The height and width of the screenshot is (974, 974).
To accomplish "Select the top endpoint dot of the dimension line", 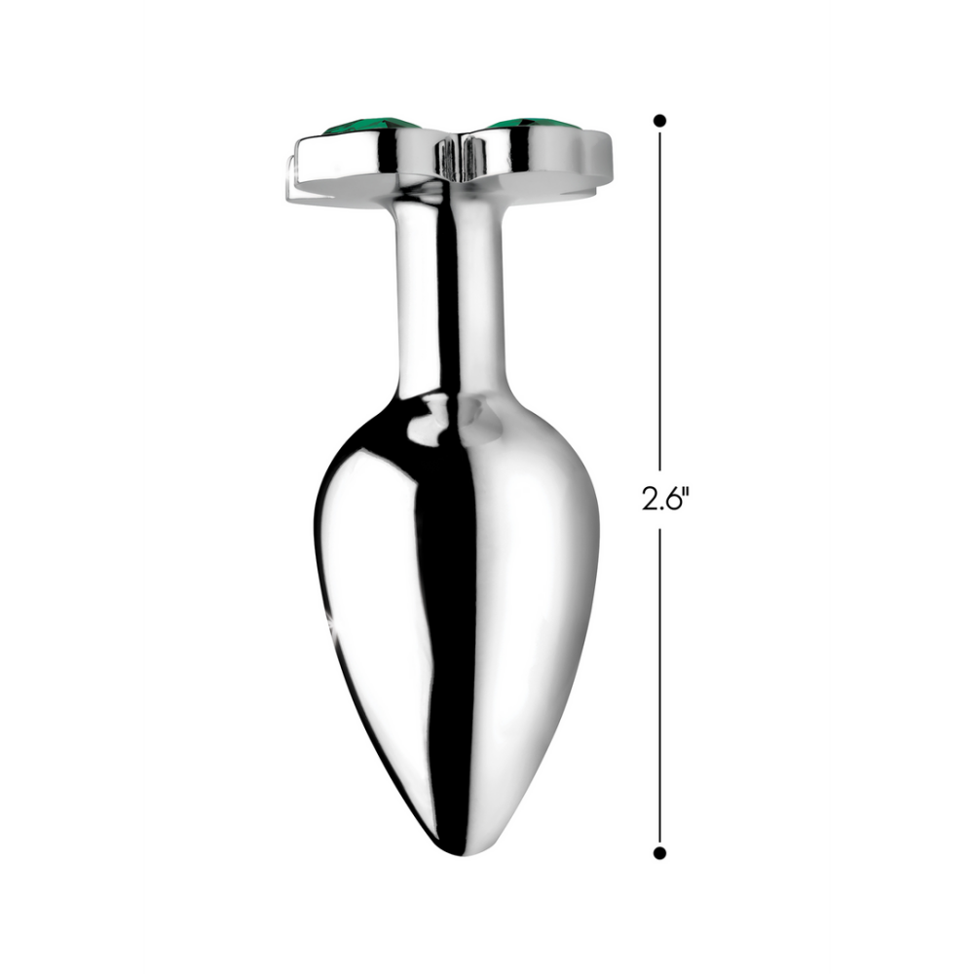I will [659, 121].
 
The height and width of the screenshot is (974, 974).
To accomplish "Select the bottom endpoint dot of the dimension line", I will [659, 852].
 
